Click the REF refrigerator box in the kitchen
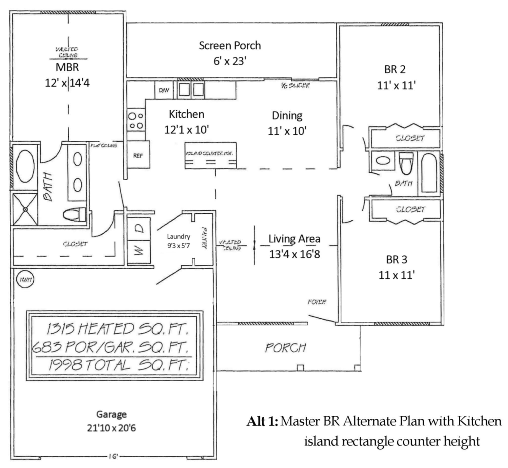click(x=138, y=155)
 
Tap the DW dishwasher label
click(x=164, y=90)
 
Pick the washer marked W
click(x=139, y=252)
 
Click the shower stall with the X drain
click(x=25, y=209)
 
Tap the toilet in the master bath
click(x=74, y=214)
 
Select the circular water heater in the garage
click(x=25, y=279)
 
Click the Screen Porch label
click(x=229, y=46)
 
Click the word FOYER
click(x=317, y=302)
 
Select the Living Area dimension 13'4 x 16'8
click(x=295, y=254)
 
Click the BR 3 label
click(x=397, y=260)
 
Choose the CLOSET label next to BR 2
click(x=410, y=138)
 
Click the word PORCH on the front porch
click(x=286, y=348)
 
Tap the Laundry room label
click(x=178, y=237)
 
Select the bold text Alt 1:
click(x=262, y=421)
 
